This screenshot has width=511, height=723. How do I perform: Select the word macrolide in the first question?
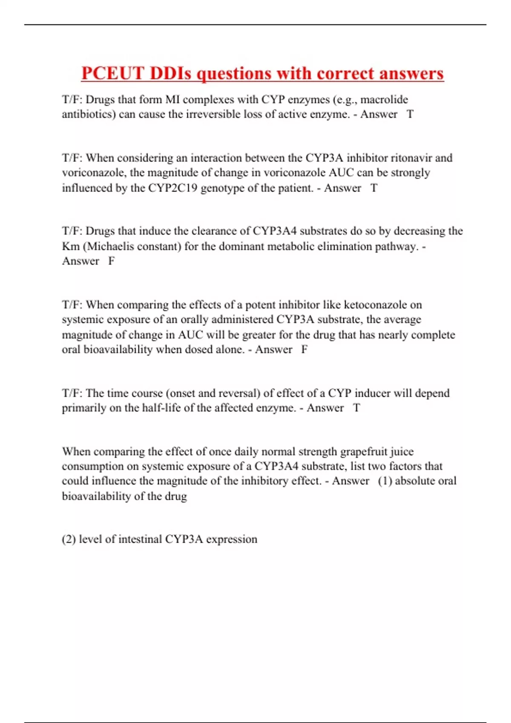(x=384, y=100)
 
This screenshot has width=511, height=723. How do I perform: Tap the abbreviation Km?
(x=71, y=246)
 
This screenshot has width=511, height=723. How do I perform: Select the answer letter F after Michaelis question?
(x=111, y=261)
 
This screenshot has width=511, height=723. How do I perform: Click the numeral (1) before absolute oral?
(x=385, y=481)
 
